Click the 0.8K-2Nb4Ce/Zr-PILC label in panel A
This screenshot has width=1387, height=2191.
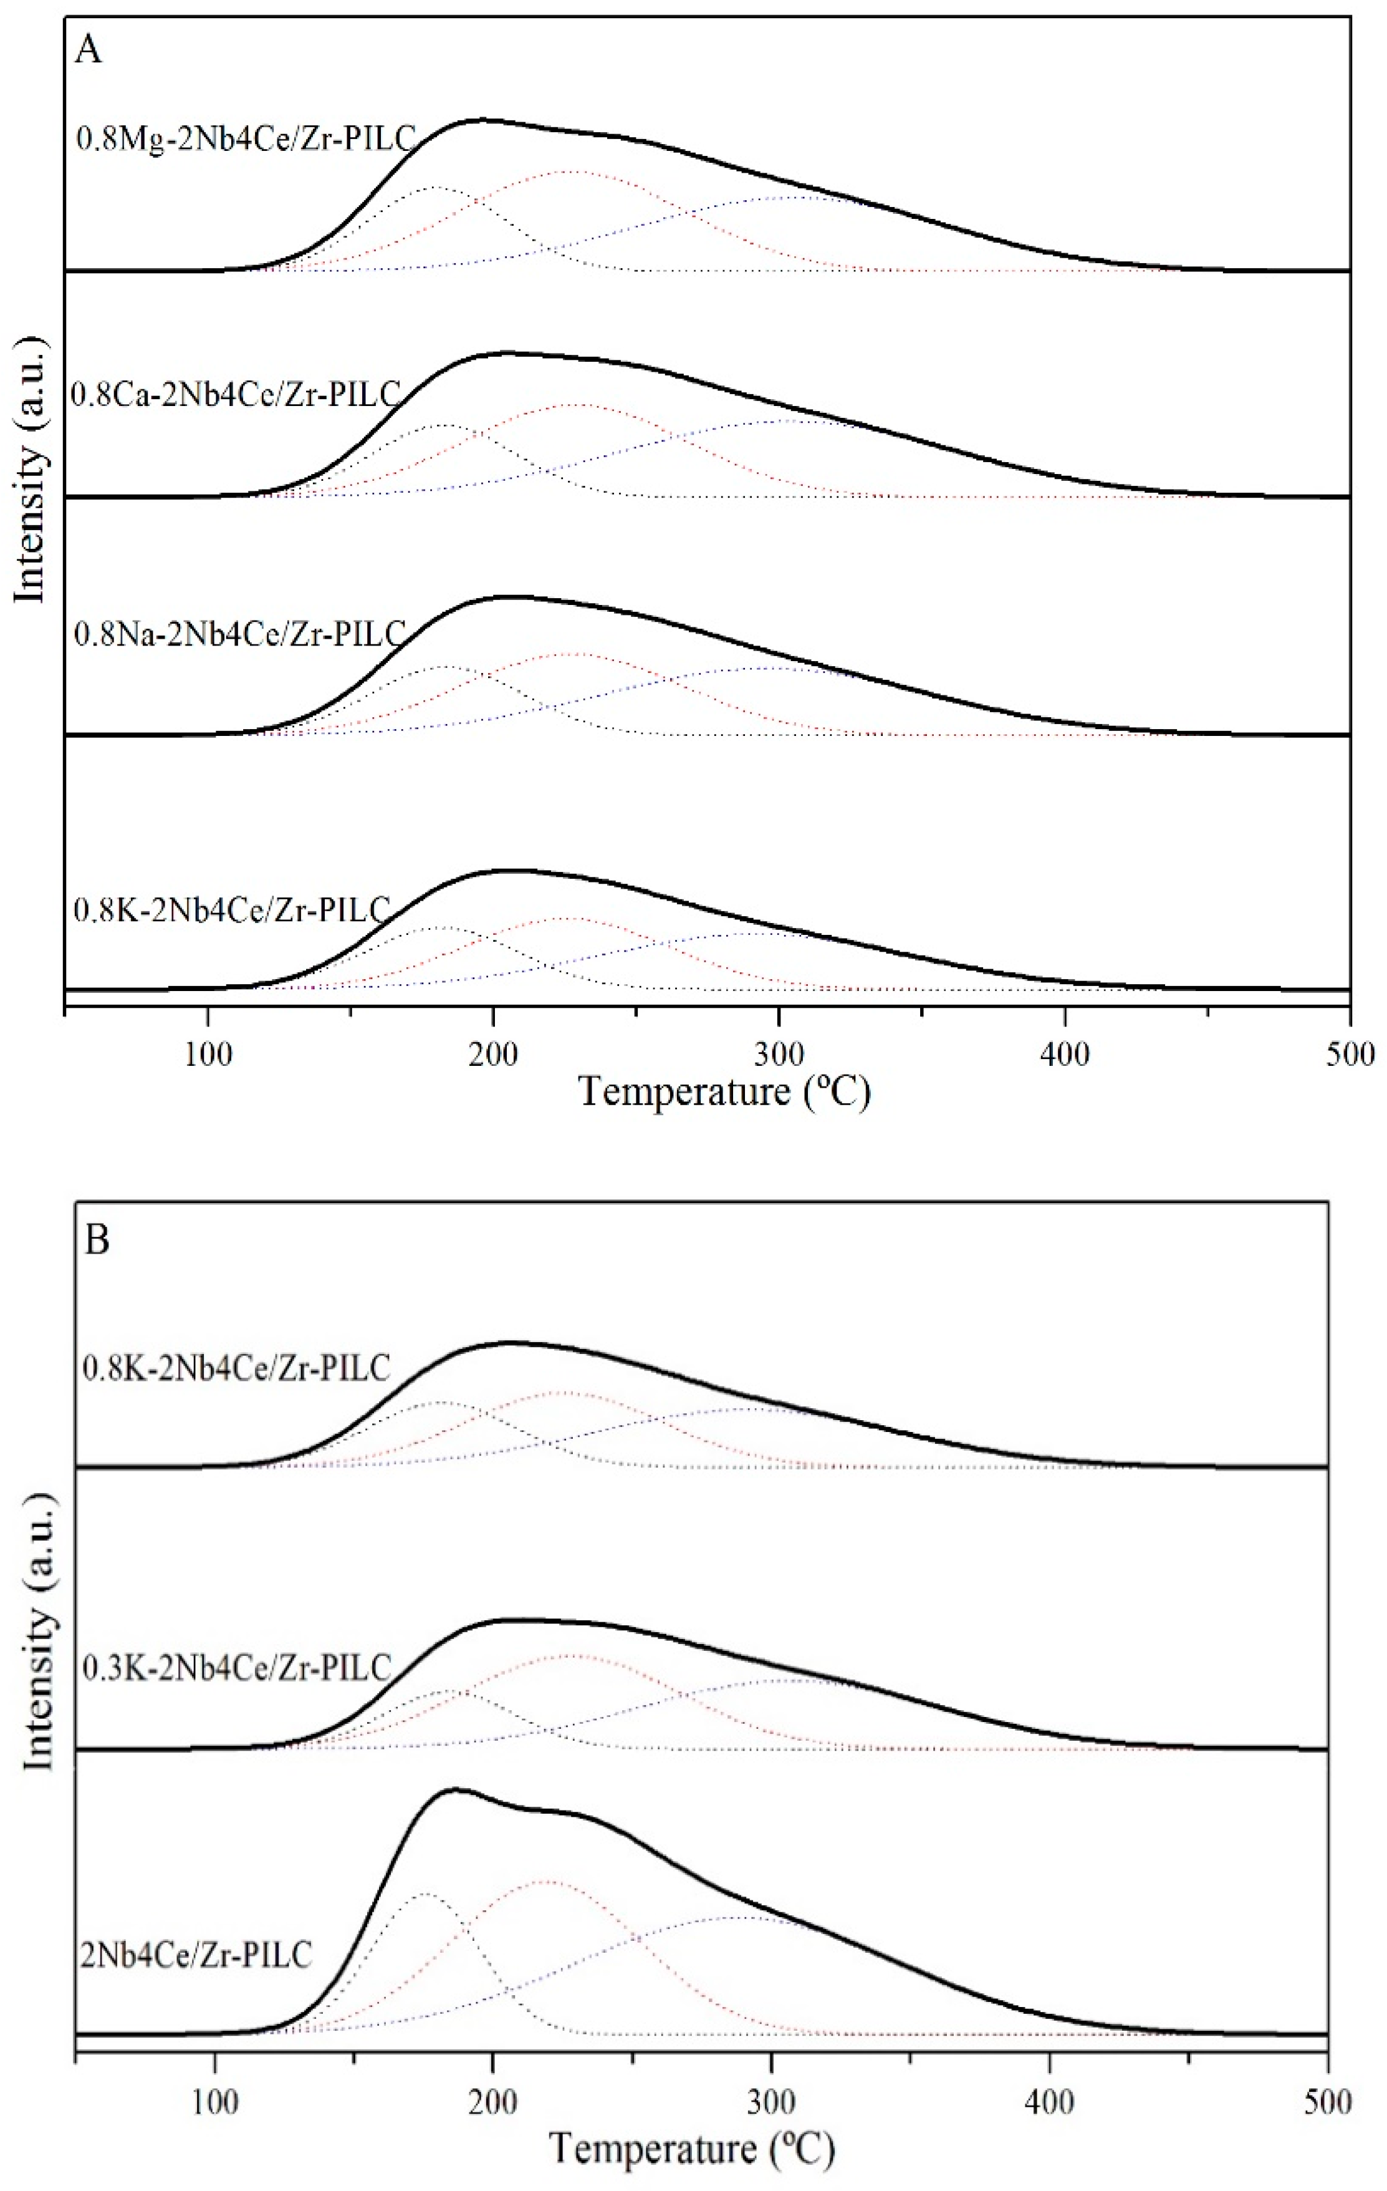click(232, 909)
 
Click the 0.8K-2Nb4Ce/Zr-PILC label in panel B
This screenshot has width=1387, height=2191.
click(236, 1368)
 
